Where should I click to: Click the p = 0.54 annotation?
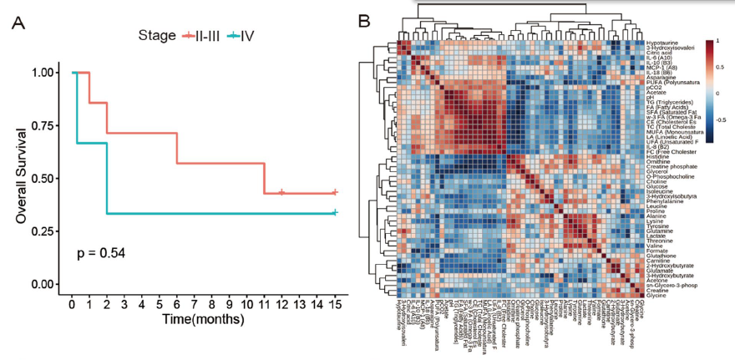tap(100, 251)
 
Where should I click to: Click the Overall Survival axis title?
tap(20, 178)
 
